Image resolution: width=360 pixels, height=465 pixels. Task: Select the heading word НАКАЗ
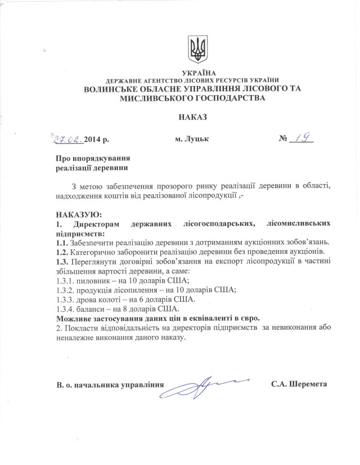[x=192, y=118]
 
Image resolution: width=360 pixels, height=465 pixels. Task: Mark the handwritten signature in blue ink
[x=207, y=387]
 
